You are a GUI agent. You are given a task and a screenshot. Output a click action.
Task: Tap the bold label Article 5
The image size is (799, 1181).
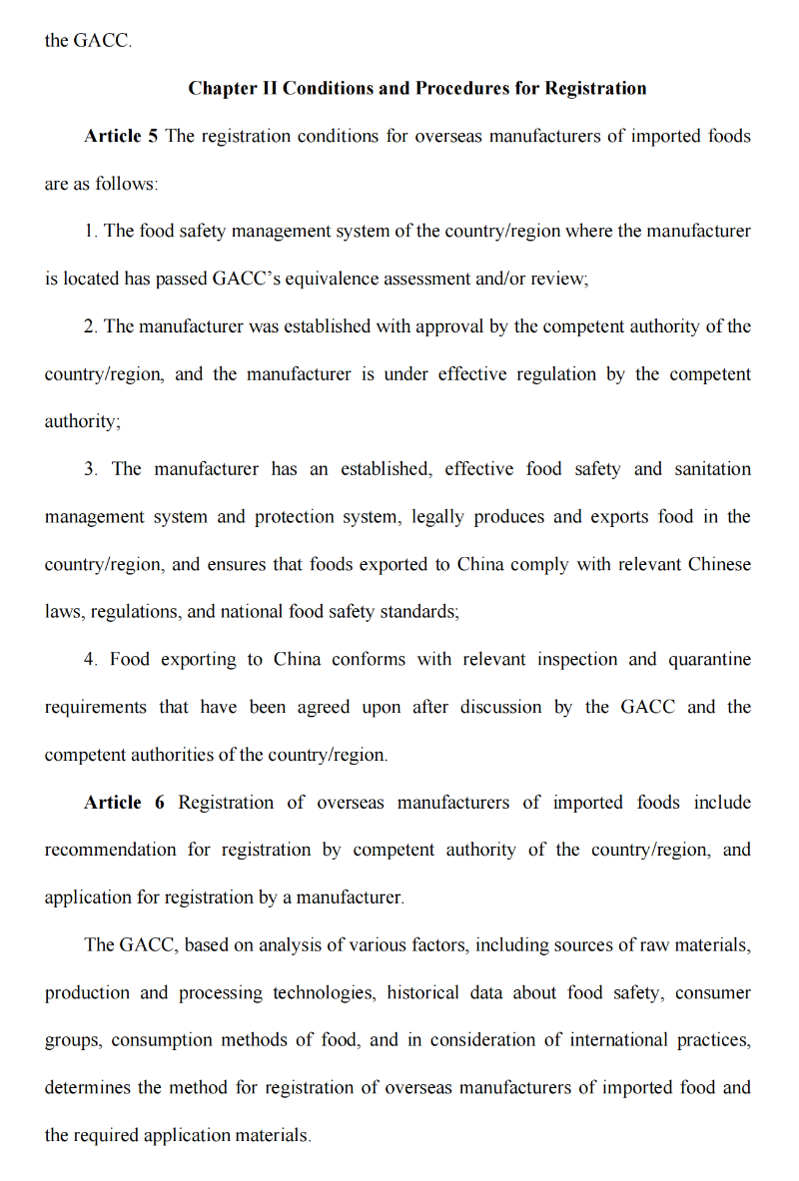coord(121,136)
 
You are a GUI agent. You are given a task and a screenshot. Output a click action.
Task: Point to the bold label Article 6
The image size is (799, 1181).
coord(124,803)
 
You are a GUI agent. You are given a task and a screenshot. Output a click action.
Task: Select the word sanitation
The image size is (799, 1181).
coord(713,469)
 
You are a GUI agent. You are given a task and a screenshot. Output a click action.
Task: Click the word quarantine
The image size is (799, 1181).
coord(710,660)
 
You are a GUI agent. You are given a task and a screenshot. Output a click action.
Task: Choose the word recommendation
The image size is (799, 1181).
coord(110,851)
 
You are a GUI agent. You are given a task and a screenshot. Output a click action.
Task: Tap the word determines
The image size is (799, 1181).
coord(86,1088)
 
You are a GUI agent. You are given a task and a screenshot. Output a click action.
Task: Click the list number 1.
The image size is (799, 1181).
coord(90,232)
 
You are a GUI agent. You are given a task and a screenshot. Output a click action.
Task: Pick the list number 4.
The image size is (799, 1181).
coord(90,660)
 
